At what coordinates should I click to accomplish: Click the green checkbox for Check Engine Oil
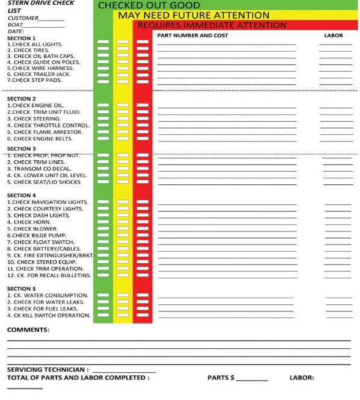[104, 105]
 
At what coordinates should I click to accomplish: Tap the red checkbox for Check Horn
[143, 222]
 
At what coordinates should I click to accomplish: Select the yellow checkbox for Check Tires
[123, 49]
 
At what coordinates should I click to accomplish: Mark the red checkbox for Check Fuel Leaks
[143, 309]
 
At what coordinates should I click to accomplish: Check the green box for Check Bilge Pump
[104, 236]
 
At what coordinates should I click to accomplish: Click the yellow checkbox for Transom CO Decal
[123, 169]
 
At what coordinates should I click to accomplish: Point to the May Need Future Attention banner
[193, 15]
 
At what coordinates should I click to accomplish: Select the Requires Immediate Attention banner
[212, 25]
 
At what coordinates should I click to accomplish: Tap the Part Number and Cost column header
[192, 36]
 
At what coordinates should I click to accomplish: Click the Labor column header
[333, 36]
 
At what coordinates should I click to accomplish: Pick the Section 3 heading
[21, 149]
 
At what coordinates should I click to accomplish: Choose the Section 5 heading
[21, 289]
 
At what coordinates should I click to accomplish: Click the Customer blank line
[51, 19]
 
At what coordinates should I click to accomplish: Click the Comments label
[28, 330]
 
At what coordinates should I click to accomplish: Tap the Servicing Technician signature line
[123, 370]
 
